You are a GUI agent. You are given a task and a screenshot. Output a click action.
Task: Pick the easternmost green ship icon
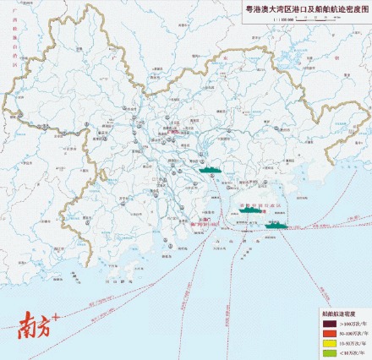pos(273,225)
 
